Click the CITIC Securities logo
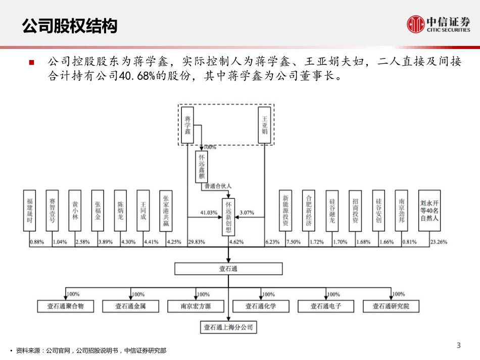tap(438, 24)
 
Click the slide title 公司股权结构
tap(70, 26)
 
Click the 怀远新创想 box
tap(229, 217)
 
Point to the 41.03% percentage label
tap(209, 213)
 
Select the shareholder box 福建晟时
tap(30, 211)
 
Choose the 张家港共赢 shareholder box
tap(166, 211)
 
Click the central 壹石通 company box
tap(228, 269)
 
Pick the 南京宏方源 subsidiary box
tap(196, 306)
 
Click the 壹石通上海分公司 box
tap(228, 328)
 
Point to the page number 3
tap(458, 345)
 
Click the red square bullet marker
tap(32, 63)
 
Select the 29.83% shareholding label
tap(197, 242)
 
